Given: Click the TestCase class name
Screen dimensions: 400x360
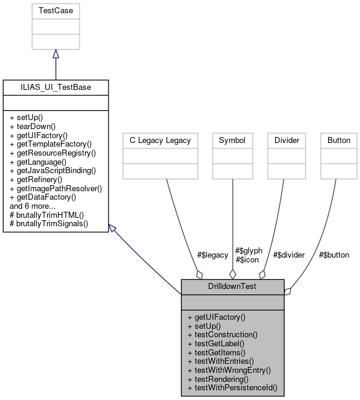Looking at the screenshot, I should point(55,11).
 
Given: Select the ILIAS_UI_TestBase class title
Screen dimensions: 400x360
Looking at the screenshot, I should point(55,87).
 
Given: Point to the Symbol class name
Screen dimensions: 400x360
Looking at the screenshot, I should point(232,140).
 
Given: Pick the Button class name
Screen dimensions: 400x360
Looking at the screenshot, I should point(338,140).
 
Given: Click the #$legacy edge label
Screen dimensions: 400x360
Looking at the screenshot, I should point(212,255).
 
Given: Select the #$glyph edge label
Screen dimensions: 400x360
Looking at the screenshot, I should point(248,250).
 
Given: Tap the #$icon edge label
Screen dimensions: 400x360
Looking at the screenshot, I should point(247,259).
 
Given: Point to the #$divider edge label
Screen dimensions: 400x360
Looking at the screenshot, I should point(288,255).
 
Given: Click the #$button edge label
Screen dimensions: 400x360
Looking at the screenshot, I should point(333,255).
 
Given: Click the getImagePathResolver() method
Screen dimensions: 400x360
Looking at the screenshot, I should point(55,188).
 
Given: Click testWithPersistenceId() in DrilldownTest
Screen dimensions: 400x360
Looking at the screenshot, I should point(232,387).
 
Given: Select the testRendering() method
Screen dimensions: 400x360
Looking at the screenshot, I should point(217,379).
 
